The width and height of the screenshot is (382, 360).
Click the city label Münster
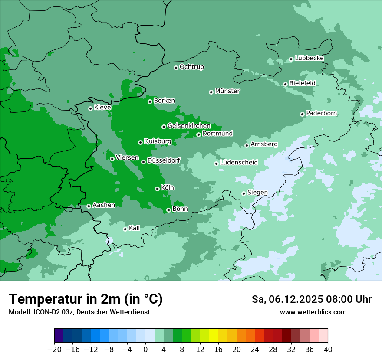[x=227, y=91]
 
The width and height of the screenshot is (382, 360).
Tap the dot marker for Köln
[x=157, y=189]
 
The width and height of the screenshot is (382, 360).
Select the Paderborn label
[x=321, y=113]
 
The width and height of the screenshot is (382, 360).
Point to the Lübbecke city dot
[x=291, y=59]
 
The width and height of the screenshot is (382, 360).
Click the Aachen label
[x=104, y=205]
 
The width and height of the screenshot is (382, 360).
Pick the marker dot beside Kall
[x=125, y=229]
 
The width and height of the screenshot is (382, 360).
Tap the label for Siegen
[x=257, y=192]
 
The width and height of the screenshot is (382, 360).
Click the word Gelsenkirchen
[x=189, y=126]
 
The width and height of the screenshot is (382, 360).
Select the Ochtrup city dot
[x=176, y=67]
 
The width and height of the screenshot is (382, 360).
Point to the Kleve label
[x=102, y=107]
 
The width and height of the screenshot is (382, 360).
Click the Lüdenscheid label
[x=239, y=163]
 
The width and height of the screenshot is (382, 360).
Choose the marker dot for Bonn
[x=168, y=210]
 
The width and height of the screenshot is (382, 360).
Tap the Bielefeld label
[x=302, y=83]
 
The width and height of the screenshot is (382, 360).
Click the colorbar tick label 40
[x=328, y=350]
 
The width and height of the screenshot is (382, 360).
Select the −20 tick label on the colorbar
[x=54, y=350]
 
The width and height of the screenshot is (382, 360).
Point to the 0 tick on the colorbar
[x=145, y=350]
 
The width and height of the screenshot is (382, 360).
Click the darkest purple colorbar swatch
[x=59, y=336]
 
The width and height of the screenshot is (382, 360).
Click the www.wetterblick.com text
[x=313, y=312]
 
